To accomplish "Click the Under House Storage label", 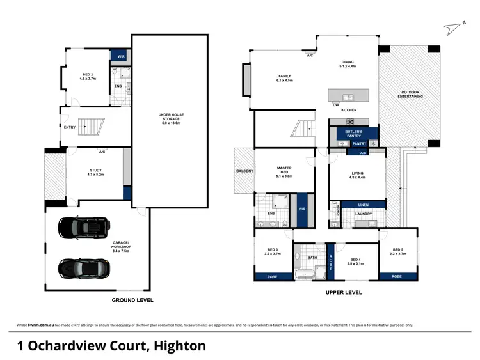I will [171, 117].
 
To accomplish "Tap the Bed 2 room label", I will [86, 75].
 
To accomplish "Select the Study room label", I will [96, 171].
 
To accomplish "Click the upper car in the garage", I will [83, 227].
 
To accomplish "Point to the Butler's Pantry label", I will [354, 133].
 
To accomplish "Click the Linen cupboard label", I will [363, 205].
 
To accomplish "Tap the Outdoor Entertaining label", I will [410, 93].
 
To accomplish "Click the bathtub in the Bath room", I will [307, 276].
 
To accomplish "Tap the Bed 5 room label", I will [397, 251].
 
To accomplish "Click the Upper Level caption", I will [344, 293].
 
